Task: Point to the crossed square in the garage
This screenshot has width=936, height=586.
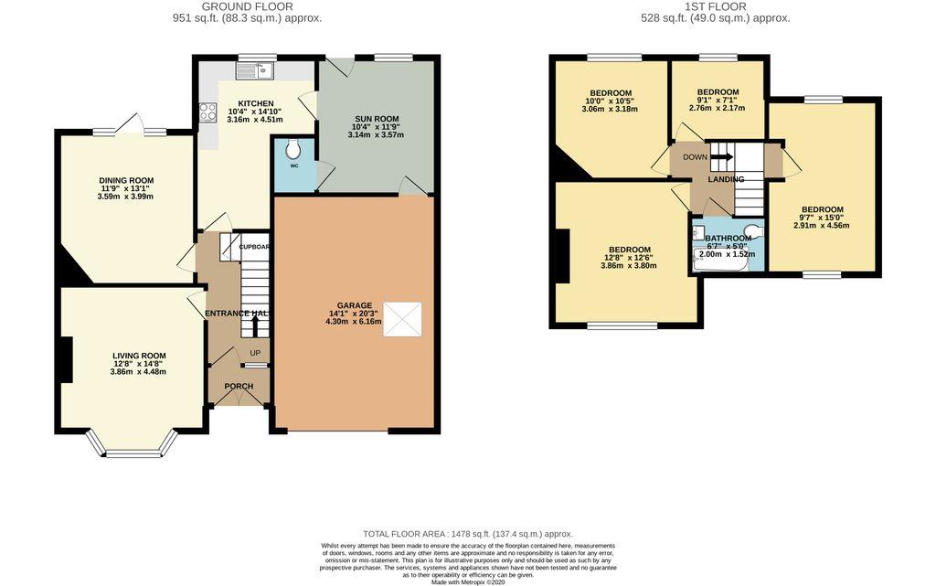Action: tap(400, 319)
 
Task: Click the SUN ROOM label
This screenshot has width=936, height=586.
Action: tap(376, 119)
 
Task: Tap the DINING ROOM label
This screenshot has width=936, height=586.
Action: tap(126, 180)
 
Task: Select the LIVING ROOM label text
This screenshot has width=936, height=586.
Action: tap(139, 356)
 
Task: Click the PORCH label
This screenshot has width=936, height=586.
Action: tap(239, 386)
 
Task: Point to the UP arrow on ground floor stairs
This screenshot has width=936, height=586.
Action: tap(255, 325)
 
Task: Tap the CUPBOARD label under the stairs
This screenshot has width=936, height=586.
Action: tap(255, 247)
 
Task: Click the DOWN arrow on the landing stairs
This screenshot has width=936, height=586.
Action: tap(721, 156)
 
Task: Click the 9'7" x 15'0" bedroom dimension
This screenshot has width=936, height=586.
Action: tap(821, 218)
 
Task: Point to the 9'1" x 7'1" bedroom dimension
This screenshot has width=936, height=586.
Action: tap(717, 100)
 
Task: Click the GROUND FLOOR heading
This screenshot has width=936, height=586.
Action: tap(247, 6)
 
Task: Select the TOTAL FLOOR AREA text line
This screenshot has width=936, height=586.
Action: tap(467, 534)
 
